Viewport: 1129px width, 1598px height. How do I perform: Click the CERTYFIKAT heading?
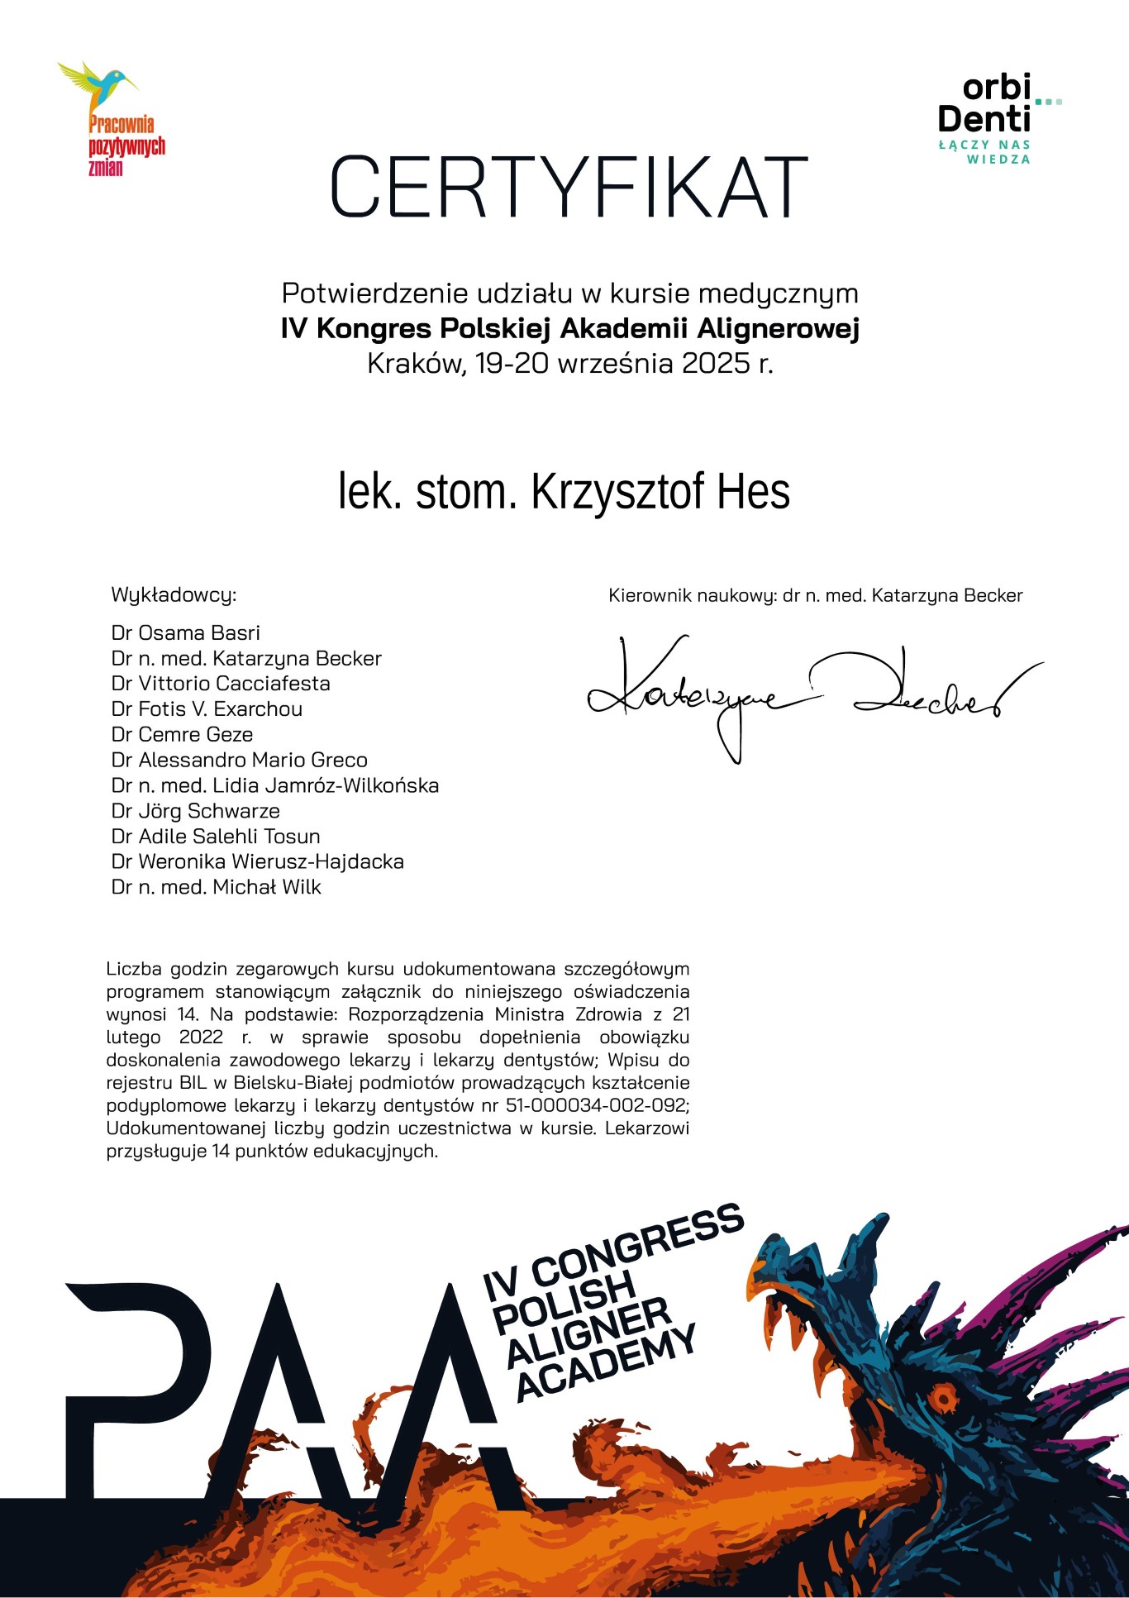click(x=569, y=186)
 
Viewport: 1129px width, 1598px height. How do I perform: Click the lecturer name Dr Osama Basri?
click(x=186, y=633)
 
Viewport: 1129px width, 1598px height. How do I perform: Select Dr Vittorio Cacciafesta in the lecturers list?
click(x=221, y=684)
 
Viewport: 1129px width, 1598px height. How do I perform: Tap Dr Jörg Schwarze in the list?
click(x=196, y=811)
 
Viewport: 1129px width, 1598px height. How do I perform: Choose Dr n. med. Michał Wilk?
click(x=216, y=887)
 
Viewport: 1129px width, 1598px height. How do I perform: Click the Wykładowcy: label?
click(x=174, y=595)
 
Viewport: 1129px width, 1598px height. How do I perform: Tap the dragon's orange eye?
click(x=941, y=1399)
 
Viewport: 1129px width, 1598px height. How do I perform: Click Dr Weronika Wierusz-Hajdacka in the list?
click(x=258, y=861)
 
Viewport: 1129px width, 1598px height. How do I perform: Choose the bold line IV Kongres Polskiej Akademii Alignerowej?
click(x=570, y=329)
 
